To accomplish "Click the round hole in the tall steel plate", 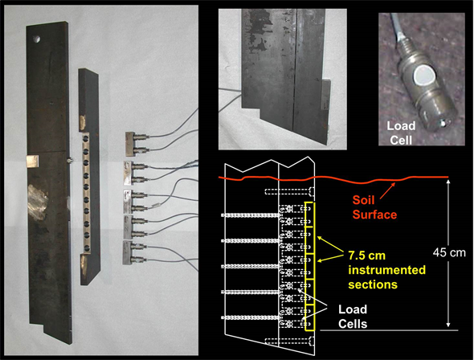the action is click(x=37, y=39).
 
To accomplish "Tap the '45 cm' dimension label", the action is click(x=449, y=252).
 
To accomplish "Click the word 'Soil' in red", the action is click(x=364, y=200).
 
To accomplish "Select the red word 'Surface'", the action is click(x=374, y=215).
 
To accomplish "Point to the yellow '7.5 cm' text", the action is click(x=367, y=256).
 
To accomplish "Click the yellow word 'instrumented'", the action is click(x=387, y=270).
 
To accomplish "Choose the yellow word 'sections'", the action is click(x=373, y=284).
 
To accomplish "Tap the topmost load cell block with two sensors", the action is click(x=137, y=144).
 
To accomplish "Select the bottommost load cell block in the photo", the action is click(x=134, y=252).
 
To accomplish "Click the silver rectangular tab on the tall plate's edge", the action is click(x=33, y=161).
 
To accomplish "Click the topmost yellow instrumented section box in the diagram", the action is click(x=310, y=215).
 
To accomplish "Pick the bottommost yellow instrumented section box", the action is click(x=310, y=317).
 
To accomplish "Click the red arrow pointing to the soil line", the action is click(x=388, y=190).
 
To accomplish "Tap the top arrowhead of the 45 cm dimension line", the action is click(x=448, y=182).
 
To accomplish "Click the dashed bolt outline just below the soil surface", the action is click(x=289, y=191).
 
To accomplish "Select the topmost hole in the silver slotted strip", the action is click(x=86, y=138).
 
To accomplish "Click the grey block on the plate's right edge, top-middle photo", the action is click(x=325, y=94).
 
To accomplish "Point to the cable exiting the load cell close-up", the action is click(x=395, y=28).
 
